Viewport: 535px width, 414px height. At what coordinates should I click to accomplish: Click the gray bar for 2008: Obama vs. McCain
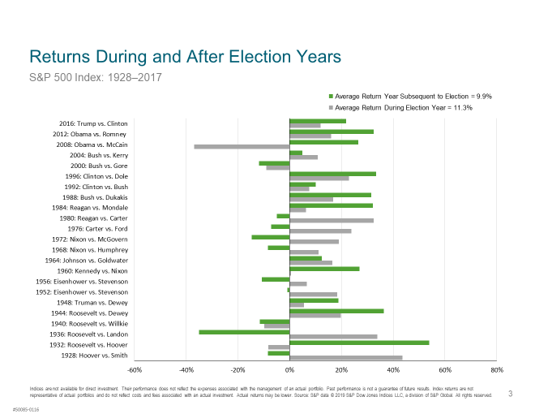(x=242, y=146)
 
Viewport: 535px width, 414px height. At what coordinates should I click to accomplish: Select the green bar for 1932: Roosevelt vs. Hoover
(x=359, y=343)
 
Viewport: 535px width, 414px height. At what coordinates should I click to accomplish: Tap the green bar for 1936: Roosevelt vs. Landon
(x=244, y=332)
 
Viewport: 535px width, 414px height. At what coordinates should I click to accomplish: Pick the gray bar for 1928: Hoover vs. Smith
(x=346, y=357)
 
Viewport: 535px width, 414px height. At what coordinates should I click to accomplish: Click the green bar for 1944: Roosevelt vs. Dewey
(x=336, y=311)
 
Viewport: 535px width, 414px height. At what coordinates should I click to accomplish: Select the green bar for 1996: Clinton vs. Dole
(x=332, y=174)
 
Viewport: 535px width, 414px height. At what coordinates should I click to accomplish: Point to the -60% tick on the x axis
(x=135, y=370)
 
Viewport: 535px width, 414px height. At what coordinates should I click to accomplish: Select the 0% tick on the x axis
(x=289, y=370)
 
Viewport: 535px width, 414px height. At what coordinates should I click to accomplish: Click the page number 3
(x=510, y=395)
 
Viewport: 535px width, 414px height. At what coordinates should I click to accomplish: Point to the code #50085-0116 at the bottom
(x=25, y=408)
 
